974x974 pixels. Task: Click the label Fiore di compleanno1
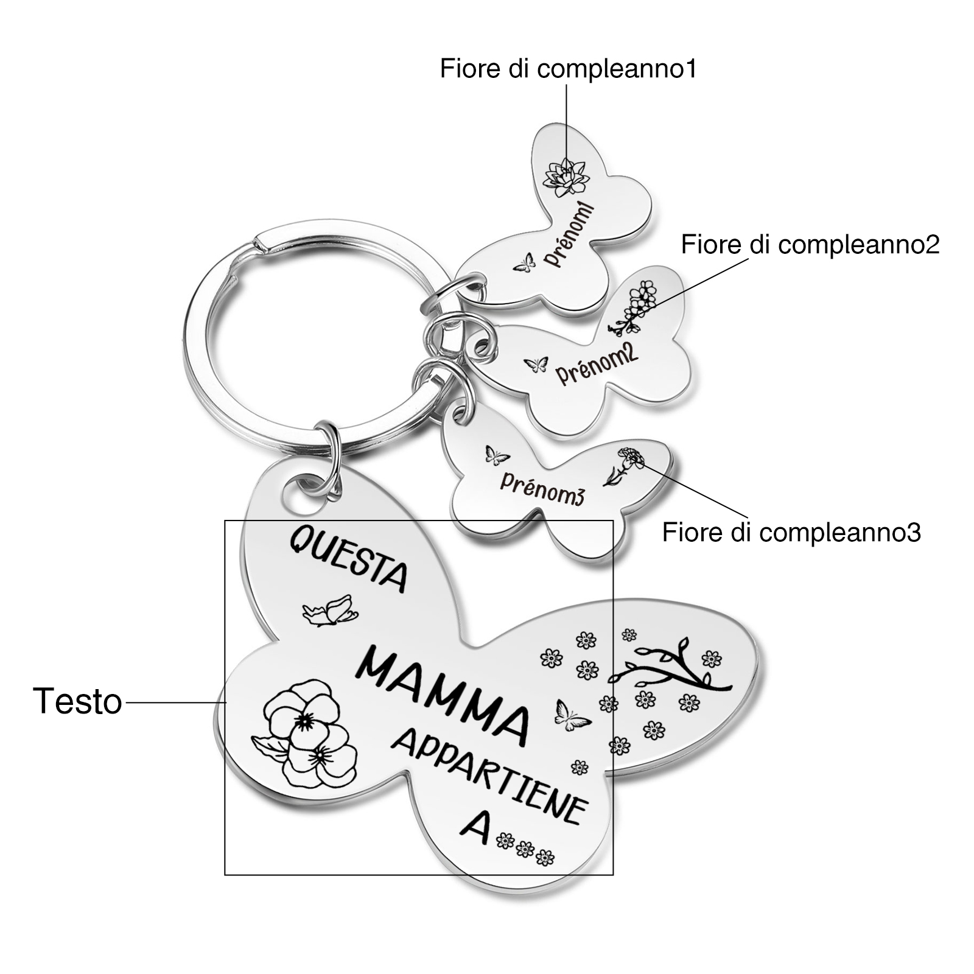tap(568, 69)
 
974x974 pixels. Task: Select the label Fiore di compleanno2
tap(810, 245)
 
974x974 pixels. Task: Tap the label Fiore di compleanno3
tap(791, 532)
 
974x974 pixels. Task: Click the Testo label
tap(77, 701)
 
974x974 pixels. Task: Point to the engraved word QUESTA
tap(348, 558)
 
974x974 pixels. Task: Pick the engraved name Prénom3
tap(542, 487)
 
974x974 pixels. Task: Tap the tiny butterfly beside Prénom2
tap(536, 365)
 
